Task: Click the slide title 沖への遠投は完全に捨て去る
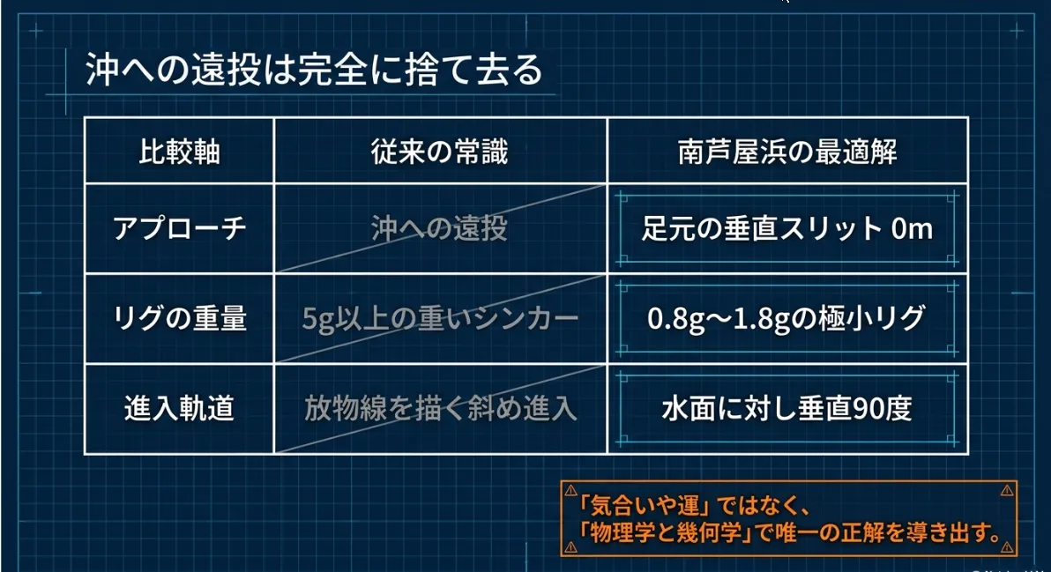[x=314, y=70]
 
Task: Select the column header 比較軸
[x=179, y=152]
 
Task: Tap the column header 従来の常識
[x=440, y=152]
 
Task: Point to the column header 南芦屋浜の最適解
[x=786, y=152]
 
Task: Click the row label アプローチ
[x=179, y=228]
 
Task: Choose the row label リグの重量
[x=179, y=317]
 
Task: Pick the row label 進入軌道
[x=179, y=408]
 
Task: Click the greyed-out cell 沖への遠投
[x=440, y=228]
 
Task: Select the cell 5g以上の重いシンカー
[x=440, y=318]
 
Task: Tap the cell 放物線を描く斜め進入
[x=440, y=408]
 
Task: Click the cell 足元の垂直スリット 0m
[x=786, y=228]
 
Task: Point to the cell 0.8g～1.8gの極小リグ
[x=786, y=318]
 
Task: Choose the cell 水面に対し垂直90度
[x=786, y=408]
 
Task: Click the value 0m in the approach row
[x=912, y=229]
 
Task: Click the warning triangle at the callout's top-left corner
[x=571, y=490]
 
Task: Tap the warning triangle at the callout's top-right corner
[x=1007, y=490]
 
